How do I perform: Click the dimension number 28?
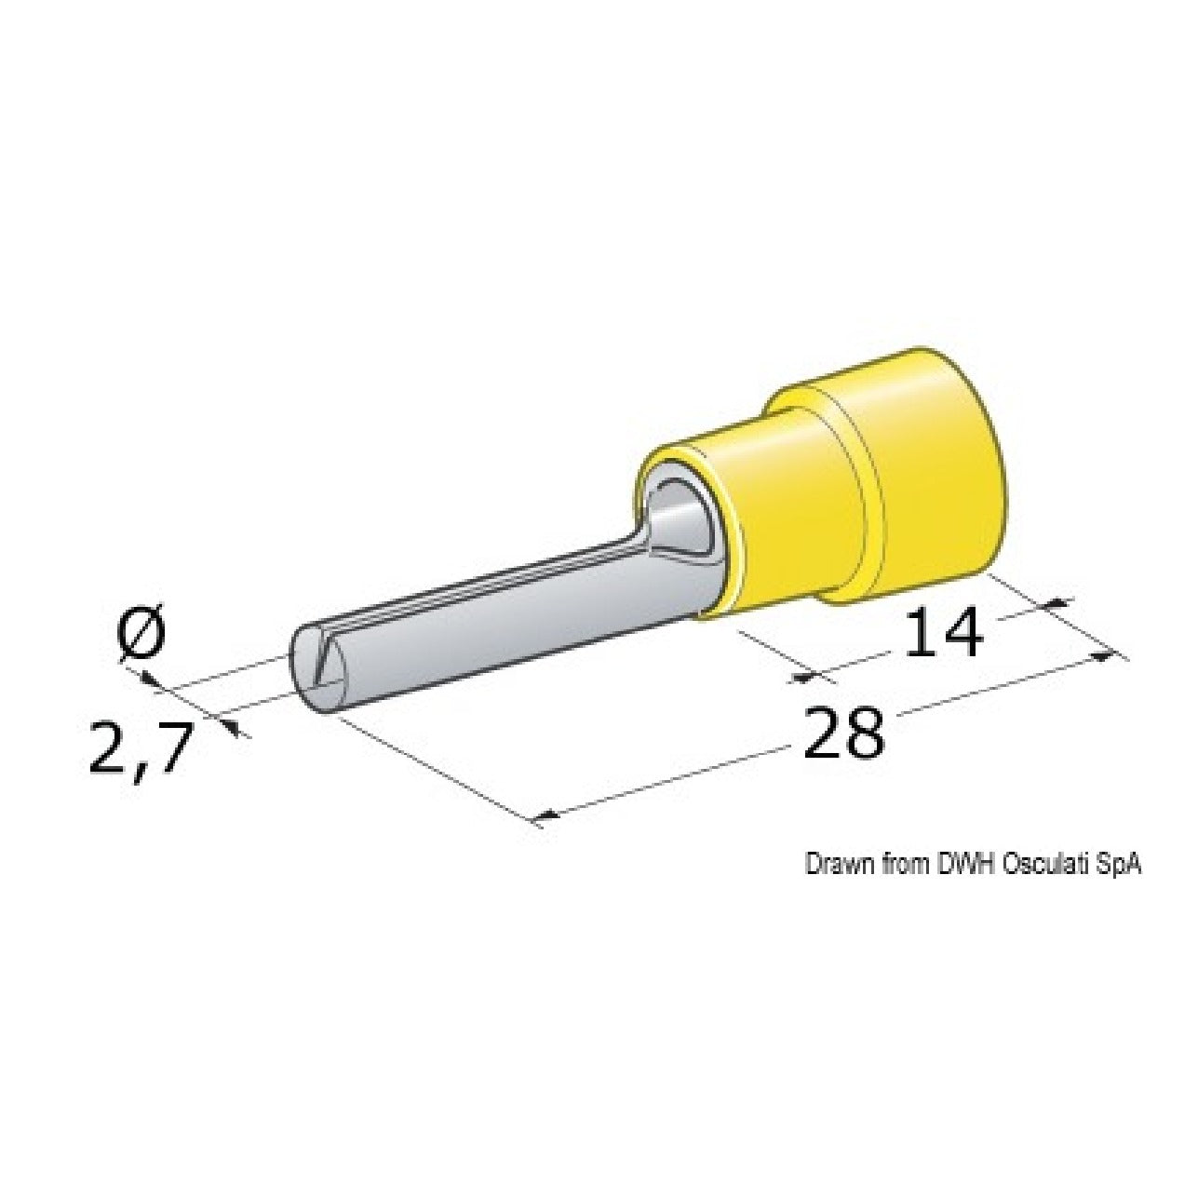[843, 734]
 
